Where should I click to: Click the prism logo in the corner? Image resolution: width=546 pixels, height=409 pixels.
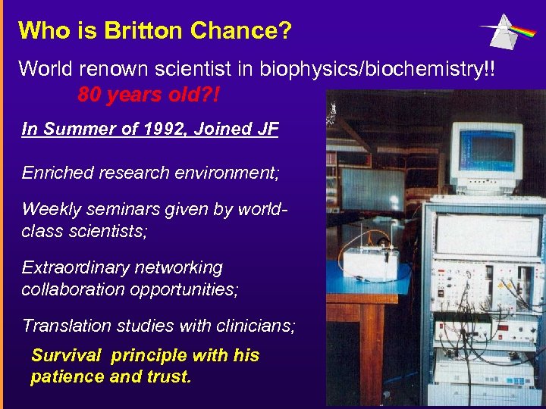[507, 30]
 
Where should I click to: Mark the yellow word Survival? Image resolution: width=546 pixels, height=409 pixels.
[67, 355]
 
